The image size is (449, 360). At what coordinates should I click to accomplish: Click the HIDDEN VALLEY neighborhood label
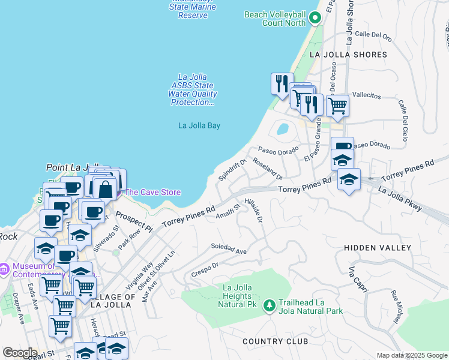coord(378,248)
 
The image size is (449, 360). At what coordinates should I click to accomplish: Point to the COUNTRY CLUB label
coord(276,341)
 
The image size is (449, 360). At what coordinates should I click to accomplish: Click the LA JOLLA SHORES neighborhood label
coord(348,55)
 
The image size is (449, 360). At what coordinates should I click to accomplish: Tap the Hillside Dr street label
coord(256,211)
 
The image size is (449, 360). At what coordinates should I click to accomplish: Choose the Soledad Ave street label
coord(229,249)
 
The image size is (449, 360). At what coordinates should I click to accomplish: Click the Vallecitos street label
coord(366,95)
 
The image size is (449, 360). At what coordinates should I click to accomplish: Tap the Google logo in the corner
coord(20,352)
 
